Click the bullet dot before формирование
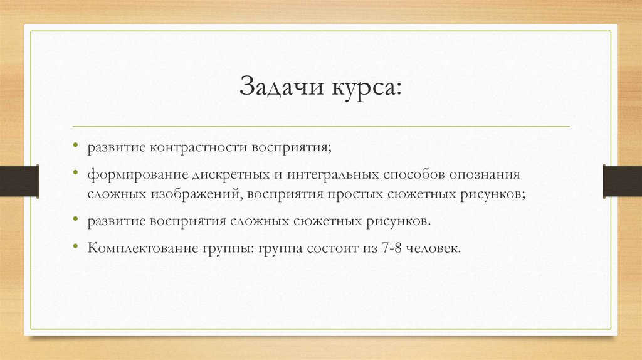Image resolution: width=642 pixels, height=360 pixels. (x=76, y=173)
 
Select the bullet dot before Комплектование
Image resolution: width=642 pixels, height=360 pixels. (x=76, y=247)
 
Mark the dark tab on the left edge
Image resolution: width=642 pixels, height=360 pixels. (x=19, y=180)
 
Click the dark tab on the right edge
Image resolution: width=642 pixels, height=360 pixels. (x=623, y=180)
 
